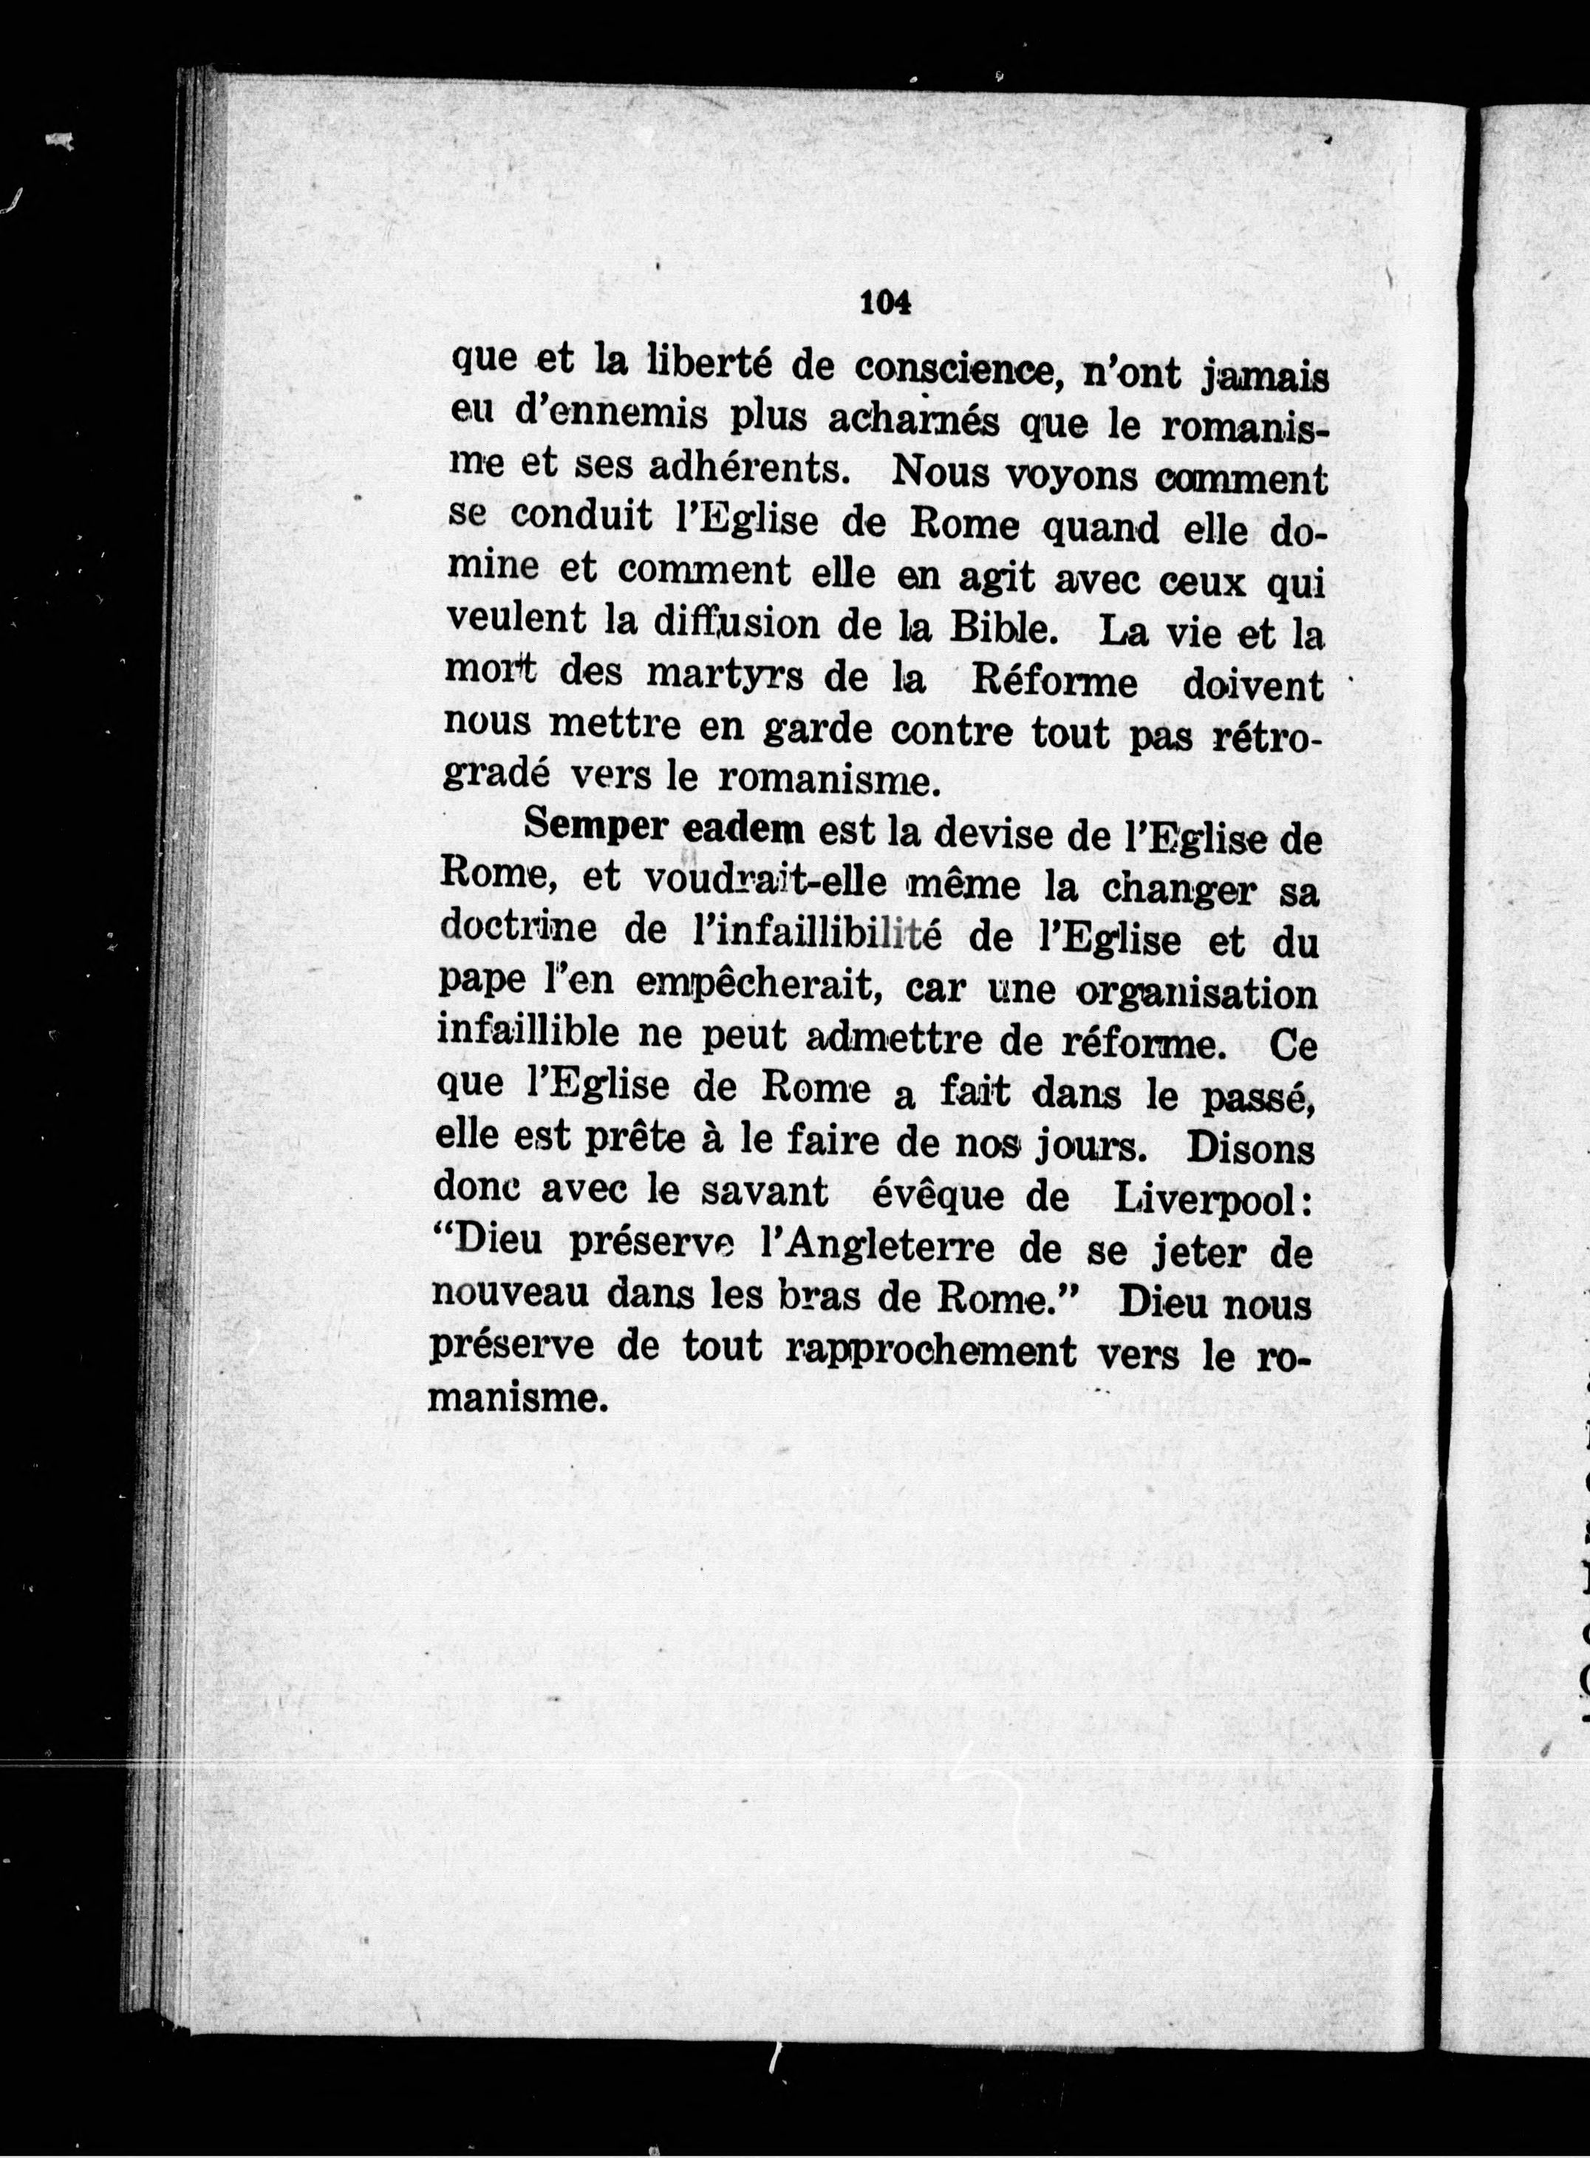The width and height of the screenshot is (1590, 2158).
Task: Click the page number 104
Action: tap(884, 302)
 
